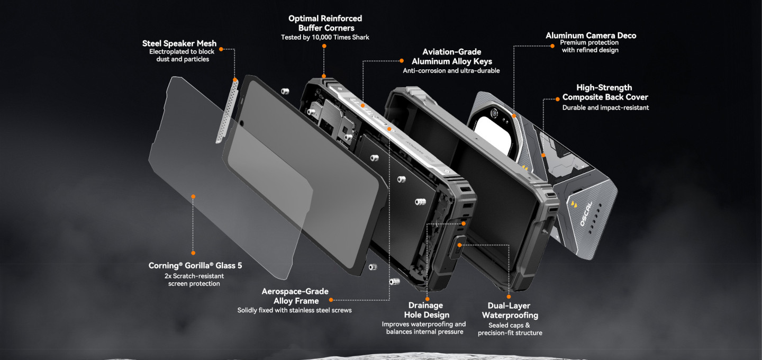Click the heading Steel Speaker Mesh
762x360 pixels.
179,43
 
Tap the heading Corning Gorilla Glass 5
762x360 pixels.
195,266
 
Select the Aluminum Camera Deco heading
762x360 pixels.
591,35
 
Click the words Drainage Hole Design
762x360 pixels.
425,310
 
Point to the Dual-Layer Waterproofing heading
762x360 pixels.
510,311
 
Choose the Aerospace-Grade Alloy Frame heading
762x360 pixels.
295,296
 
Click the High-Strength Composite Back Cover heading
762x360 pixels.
605,92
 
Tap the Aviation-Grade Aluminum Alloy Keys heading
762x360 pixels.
451,57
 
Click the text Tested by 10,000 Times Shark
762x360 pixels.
325,38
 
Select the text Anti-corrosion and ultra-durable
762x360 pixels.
451,70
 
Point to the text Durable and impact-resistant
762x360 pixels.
605,107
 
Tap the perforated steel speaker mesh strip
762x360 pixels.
227,111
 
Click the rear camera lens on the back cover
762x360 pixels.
494,113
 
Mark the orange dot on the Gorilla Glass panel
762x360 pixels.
193,196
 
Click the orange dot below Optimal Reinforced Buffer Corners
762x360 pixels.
324,47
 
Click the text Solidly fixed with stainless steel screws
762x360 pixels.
294,310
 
